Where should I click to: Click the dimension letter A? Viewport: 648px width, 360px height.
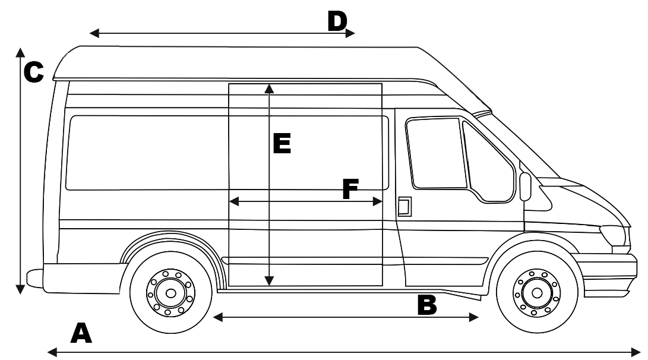[x=81, y=333]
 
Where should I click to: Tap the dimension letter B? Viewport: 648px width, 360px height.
[x=427, y=305]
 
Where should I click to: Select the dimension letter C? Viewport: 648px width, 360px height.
[x=34, y=72]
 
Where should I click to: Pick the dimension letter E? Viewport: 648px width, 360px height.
[x=282, y=144]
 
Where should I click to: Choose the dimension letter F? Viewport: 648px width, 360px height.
[x=350, y=190]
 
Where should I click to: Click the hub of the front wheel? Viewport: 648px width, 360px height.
[x=537, y=293]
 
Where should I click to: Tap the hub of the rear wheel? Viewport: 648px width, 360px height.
[x=171, y=293]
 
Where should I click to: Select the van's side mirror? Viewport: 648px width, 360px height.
[x=525, y=187]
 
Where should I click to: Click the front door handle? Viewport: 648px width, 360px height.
[x=404, y=206]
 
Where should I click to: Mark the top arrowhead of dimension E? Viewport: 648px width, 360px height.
[x=269, y=88]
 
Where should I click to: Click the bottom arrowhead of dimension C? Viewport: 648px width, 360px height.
[x=20, y=289]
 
